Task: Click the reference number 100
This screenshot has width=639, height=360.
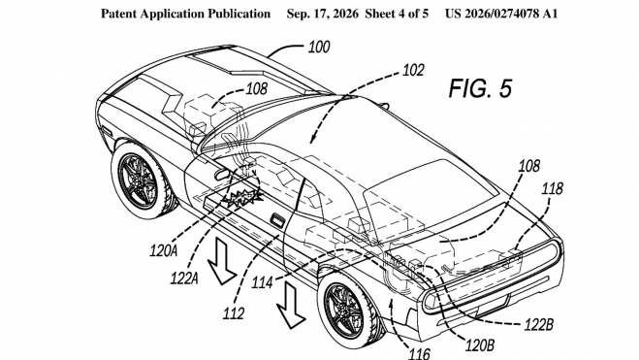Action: (x=319, y=47)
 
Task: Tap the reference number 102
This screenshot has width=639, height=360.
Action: (x=413, y=70)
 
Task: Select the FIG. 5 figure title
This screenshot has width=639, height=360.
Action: (x=480, y=88)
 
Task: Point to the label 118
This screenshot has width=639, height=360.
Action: (x=552, y=188)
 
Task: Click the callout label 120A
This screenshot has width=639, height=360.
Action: (x=164, y=250)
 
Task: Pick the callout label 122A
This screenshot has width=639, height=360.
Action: (x=184, y=278)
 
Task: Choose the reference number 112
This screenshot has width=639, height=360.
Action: (x=234, y=313)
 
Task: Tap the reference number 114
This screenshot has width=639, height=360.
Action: (x=262, y=282)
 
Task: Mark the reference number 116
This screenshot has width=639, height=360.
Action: (x=419, y=353)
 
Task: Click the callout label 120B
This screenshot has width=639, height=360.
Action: (x=480, y=345)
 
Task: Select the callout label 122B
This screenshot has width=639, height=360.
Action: (x=539, y=325)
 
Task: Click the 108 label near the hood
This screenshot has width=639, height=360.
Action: (x=256, y=89)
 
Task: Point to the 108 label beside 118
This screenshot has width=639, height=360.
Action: (x=529, y=166)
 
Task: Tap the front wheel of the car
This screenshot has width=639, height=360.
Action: (x=140, y=181)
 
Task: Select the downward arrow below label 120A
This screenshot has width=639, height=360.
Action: (x=221, y=261)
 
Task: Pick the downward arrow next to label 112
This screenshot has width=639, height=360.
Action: (x=290, y=304)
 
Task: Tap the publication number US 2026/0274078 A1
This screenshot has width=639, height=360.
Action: (x=501, y=14)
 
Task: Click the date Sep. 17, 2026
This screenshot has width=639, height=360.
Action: (x=322, y=14)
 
